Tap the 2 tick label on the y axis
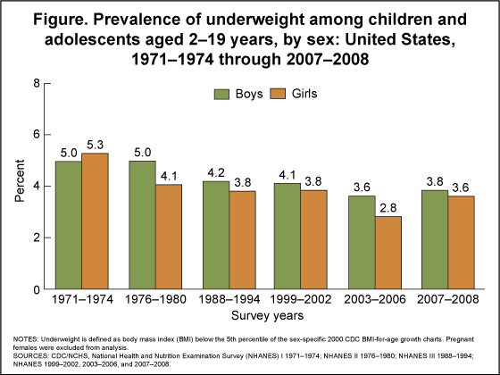click(37, 238)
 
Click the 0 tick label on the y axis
click(37, 290)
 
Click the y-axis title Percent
click(19, 186)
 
